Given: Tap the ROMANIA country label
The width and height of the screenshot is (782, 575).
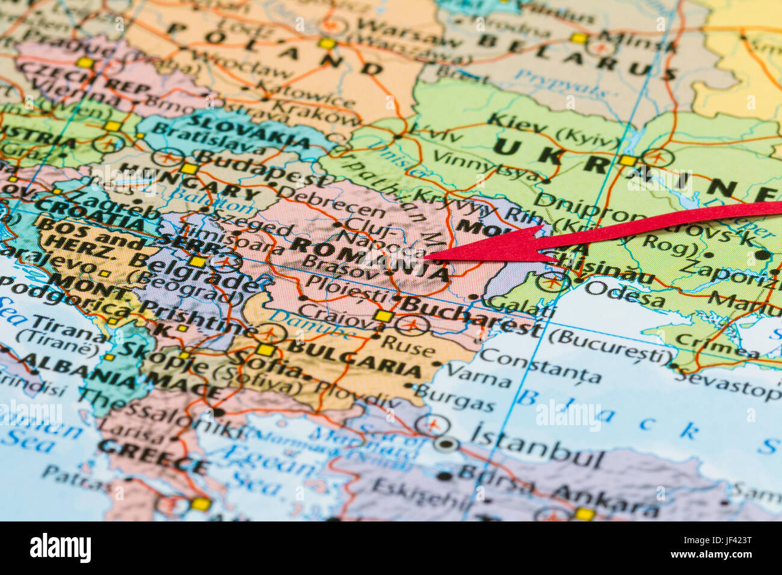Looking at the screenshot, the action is (371, 259).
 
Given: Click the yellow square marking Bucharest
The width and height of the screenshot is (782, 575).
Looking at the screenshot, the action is (383, 316).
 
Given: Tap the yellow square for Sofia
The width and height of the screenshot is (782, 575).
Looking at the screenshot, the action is (265, 350).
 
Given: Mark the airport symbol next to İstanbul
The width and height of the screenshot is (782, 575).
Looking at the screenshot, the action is (433, 425).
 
